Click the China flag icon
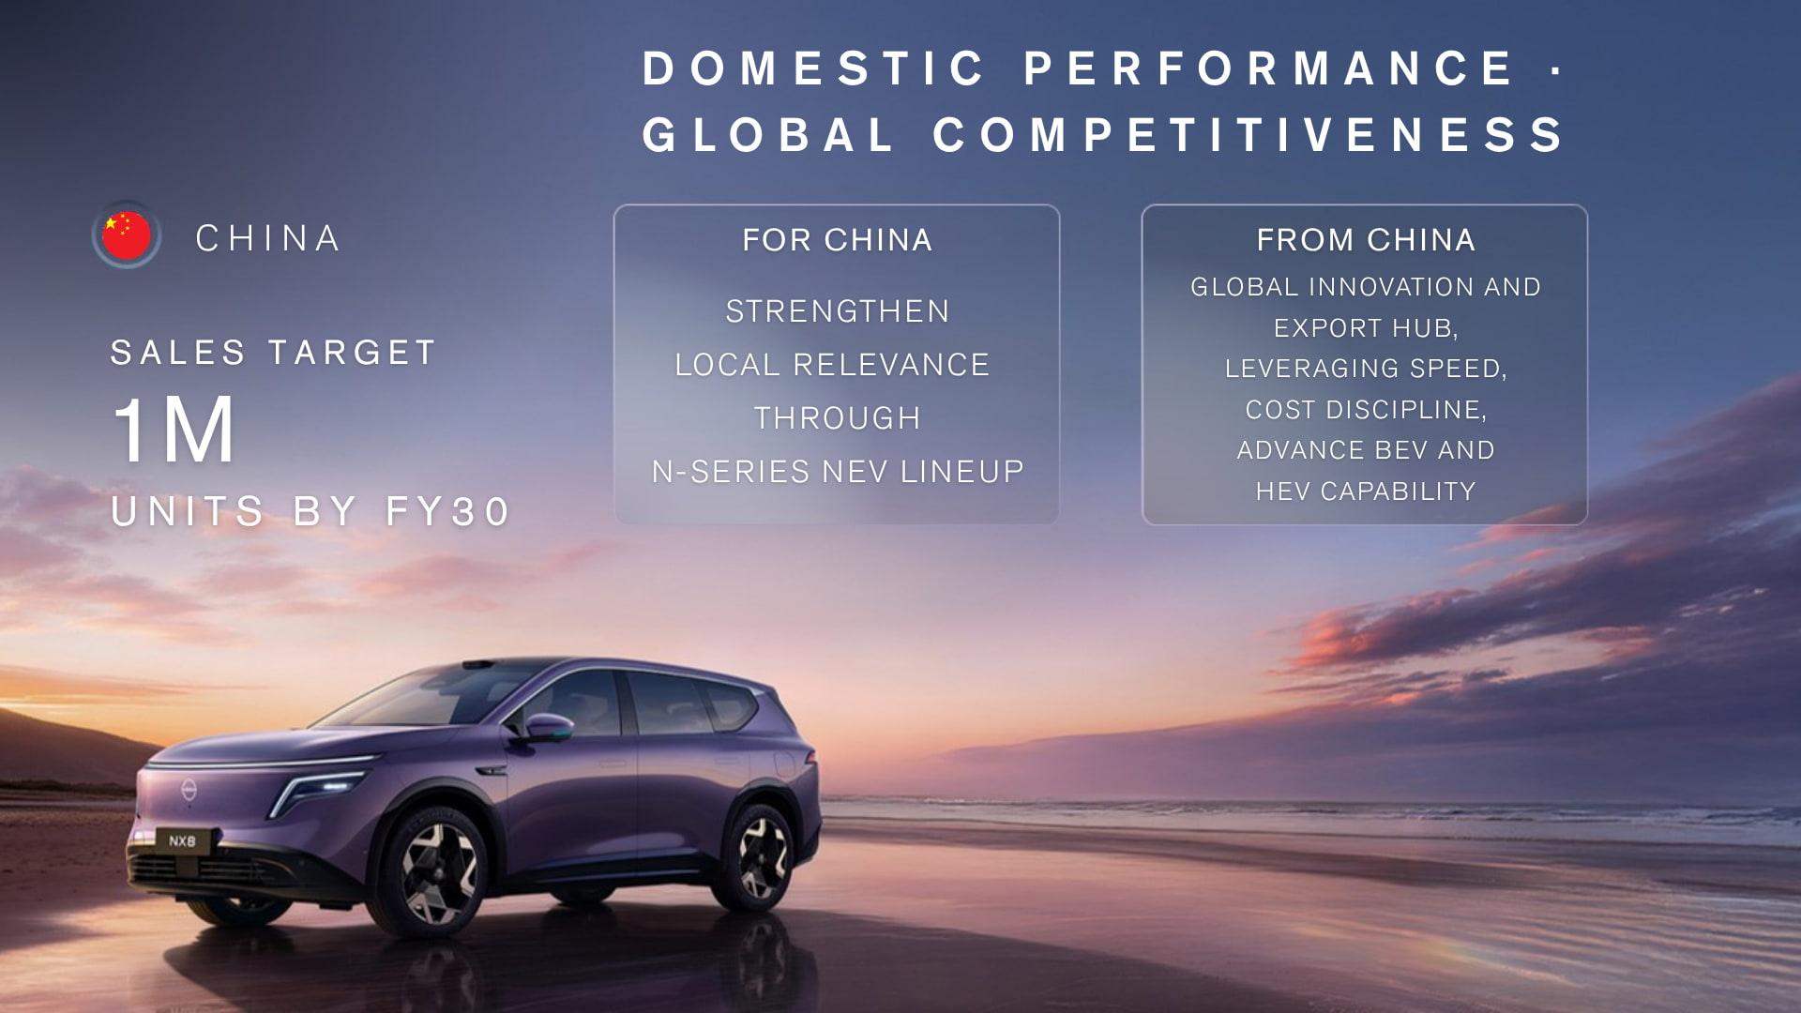(127, 235)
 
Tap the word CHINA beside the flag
(268, 238)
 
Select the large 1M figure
(173, 430)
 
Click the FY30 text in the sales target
(447, 511)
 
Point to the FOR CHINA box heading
(838, 240)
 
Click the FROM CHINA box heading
(1366, 240)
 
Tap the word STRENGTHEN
(838, 311)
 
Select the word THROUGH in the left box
(838, 418)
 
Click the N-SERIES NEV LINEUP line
(838, 472)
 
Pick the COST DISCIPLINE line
(1366, 410)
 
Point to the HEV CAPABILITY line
(1366, 491)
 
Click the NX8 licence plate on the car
(182, 841)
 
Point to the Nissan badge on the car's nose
(189, 790)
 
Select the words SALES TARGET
(273, 353)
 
